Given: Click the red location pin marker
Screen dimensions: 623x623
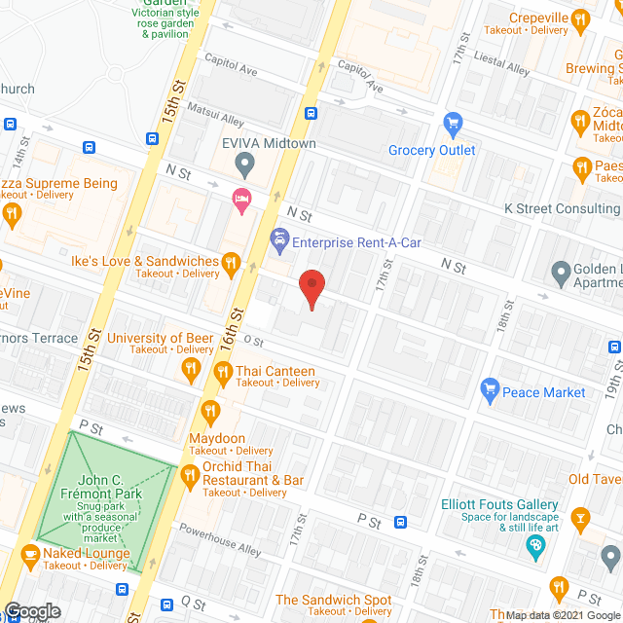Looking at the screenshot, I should point(311,289).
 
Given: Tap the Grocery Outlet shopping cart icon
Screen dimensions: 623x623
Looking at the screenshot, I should point(452,124).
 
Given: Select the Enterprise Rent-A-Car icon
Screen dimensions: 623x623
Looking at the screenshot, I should point(279,238).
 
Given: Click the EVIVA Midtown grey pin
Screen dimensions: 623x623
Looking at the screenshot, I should point(245,163).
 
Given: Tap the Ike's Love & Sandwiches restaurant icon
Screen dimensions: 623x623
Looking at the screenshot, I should point(231,261).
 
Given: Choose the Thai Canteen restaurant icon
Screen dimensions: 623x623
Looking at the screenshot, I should point(223,371).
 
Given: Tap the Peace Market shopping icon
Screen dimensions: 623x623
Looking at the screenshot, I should point(490,391).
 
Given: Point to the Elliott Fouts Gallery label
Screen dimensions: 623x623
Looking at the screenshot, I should point(499,504).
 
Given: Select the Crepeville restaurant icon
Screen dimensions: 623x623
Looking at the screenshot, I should point(581,18).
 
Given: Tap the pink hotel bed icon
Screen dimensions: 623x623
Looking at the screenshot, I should point(240,201).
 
